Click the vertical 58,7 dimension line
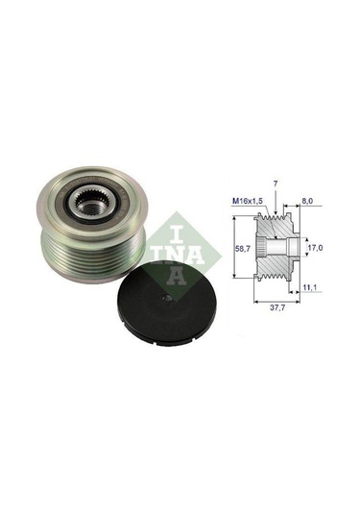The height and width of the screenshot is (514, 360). click(x=234, y=248)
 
